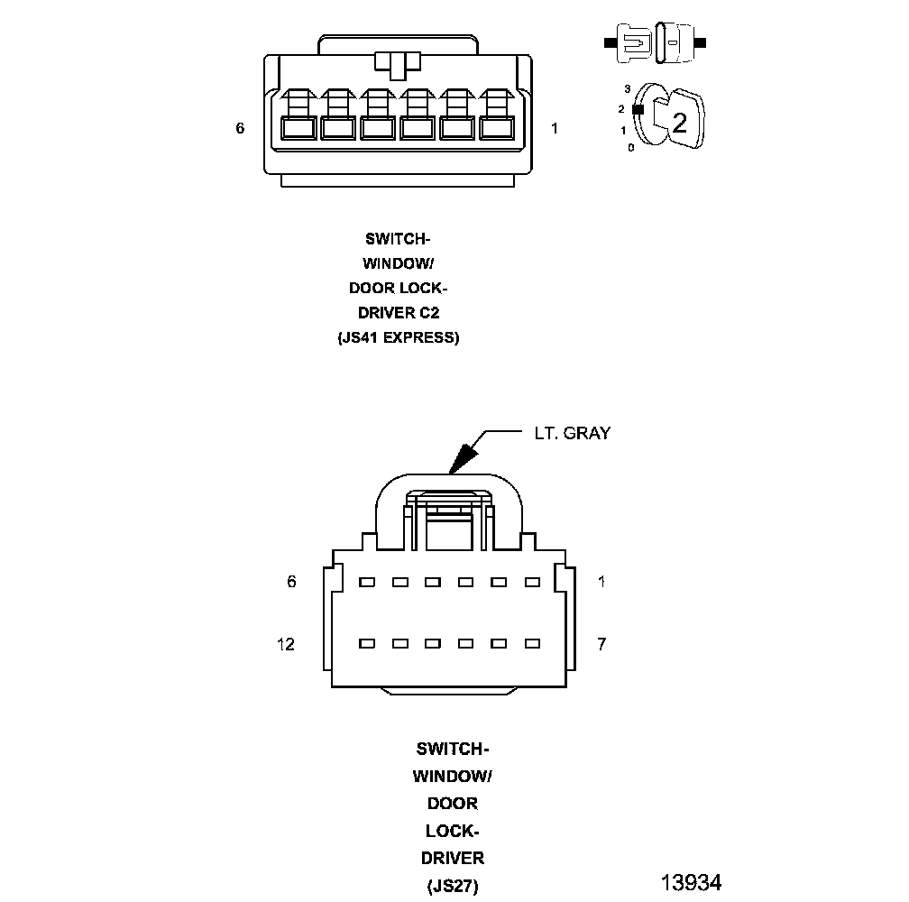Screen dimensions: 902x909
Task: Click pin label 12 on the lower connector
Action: tap(286, 644)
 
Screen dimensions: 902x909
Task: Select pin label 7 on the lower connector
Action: tap(601, 644)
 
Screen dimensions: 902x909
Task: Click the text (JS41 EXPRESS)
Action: tap(398, 338)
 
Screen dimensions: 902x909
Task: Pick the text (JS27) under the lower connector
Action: tap(452, 885)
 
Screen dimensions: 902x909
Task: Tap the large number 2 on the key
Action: tap(679, 123)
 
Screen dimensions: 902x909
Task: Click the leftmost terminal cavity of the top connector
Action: tap(298, 128)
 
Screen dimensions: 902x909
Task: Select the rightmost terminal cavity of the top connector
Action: tap(497, 128)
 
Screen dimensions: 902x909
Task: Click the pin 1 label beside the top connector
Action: tap(555, 129)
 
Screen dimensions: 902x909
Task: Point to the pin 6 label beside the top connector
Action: tap(240, 129)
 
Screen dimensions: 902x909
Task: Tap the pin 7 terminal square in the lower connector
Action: tap(532, 644)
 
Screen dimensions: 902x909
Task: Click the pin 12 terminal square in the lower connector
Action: tap(366, 644)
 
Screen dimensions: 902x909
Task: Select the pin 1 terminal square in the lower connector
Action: tap(532, 583)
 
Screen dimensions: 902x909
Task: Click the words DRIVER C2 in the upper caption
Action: tap(398, 313)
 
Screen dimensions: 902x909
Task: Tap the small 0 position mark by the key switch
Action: tap(630, 147)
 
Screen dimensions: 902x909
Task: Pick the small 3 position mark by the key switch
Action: tap(627, 89)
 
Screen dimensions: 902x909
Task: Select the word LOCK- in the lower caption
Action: tap(452, 830)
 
